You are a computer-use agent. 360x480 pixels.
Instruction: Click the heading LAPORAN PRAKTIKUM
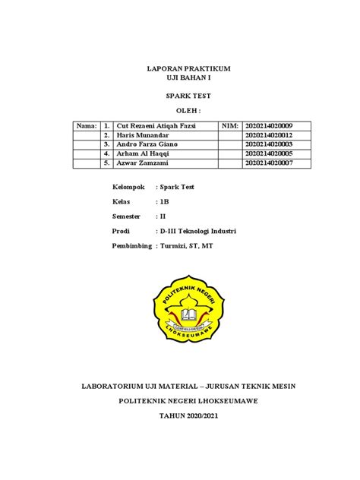coord(188,69)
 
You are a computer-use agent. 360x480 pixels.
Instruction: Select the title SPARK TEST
coord(188,97)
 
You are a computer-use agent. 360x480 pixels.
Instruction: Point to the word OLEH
coord(188,111)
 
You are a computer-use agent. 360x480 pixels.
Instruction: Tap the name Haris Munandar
coord(143,134)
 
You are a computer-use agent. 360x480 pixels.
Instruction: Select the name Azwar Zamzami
coord(144,162)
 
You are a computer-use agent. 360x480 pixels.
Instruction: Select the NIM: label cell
coord(230,125)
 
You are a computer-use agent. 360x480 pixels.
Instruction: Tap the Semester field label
coord(129,216)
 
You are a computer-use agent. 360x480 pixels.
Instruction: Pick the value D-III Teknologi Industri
coord(198,230)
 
